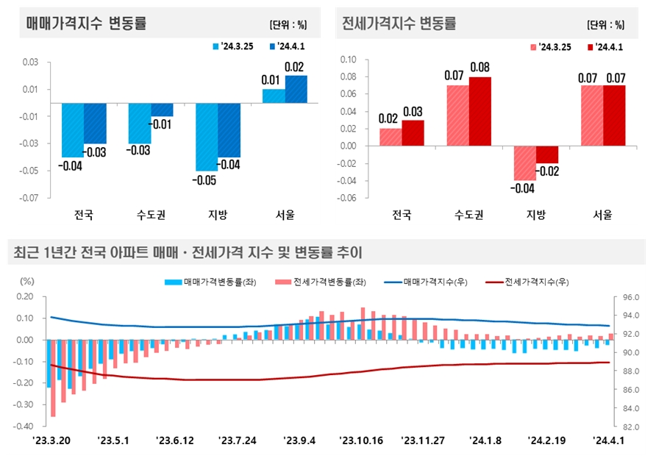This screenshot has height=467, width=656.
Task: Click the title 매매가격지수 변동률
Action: (x=86, y=23)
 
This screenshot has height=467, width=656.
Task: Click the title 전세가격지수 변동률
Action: (x=399, y=23)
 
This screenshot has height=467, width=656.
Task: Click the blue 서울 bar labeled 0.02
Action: (x=296, y=89)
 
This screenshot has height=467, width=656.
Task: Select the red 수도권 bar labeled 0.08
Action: (x=479, y=111)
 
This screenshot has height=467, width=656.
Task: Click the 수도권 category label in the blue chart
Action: (x=151, y=215)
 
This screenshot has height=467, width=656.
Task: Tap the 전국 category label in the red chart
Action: (x=401, y=215)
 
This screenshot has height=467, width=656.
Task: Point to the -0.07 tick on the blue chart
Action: (x=29, y=198)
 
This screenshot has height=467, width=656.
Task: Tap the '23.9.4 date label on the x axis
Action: (x=300, y=441)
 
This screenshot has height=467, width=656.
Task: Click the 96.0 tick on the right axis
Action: (x=630, y=298)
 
